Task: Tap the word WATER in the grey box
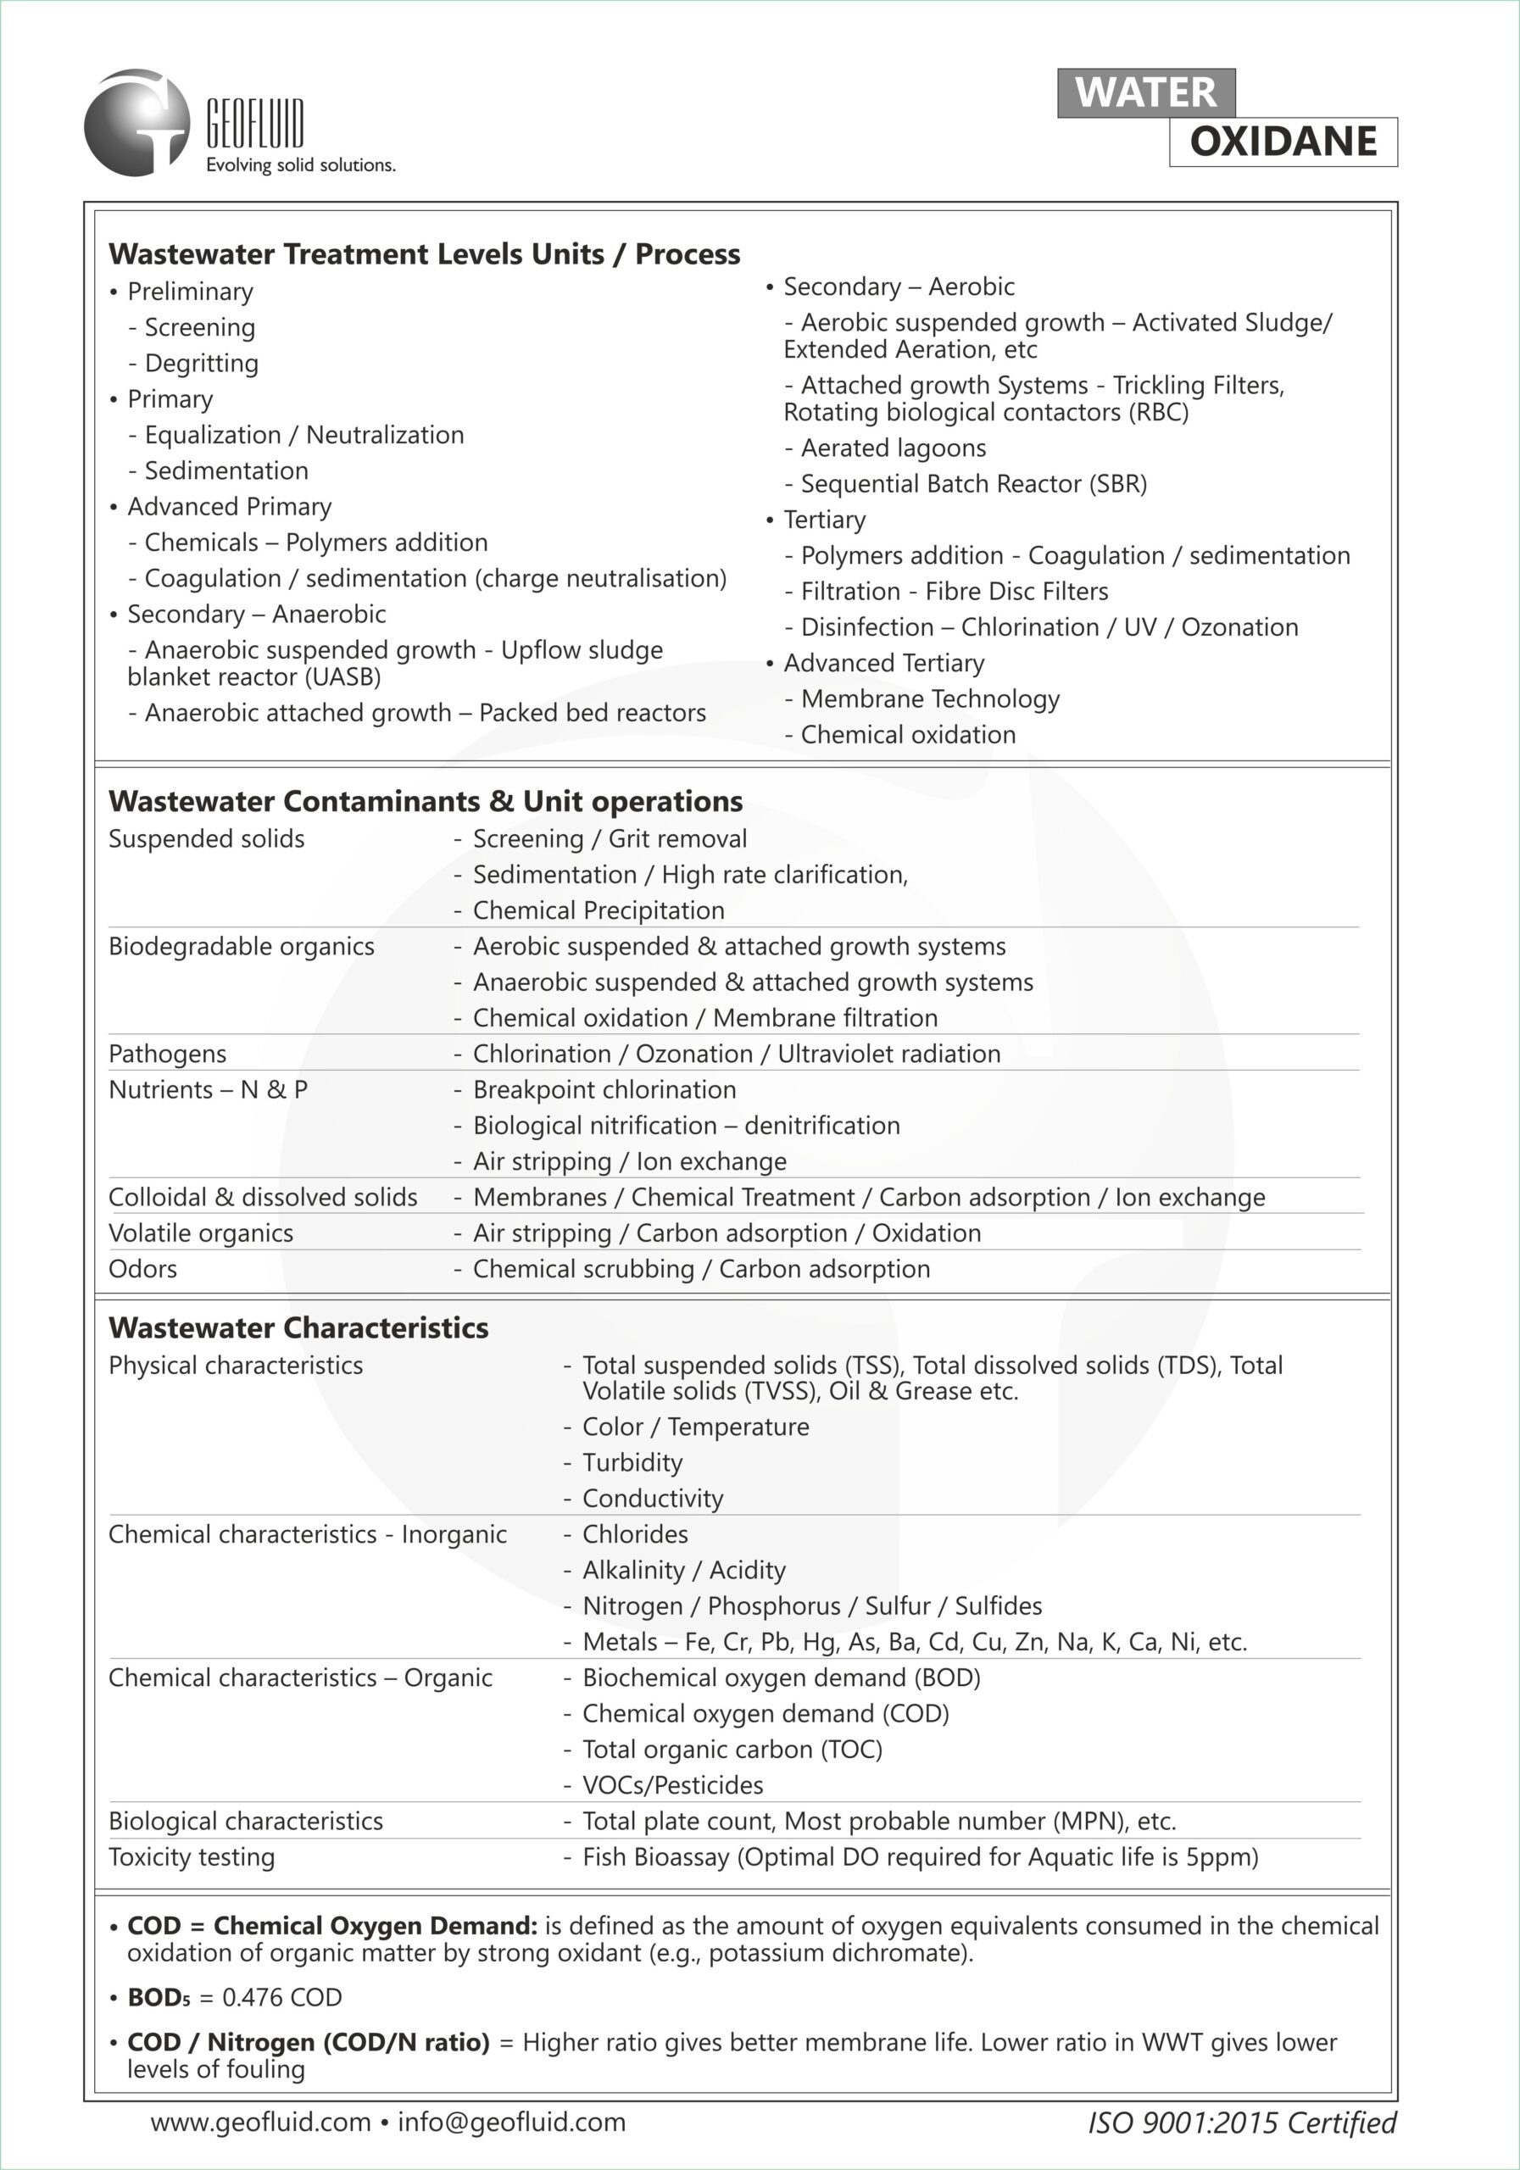[x=1145, y=92]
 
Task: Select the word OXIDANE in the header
[x=1283, y=142]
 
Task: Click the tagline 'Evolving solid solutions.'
[x=301, y=165]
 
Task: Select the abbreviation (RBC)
[x=1158, y=413]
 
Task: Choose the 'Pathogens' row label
[x=167, y=1054]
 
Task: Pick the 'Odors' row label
[x=142, y=1269]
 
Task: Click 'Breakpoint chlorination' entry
[x=604, y=1090]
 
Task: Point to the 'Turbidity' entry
[x=632, y=1463]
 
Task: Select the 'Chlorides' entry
[x=634, y=1535]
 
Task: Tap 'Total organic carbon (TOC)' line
[x=732, y=1750]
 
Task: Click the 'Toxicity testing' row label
[x=192, y=1857]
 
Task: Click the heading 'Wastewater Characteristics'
[x=298, y=1328]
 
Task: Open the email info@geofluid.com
[x=511, y=2123]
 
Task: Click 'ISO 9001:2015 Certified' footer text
[x=1241, y=2123]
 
